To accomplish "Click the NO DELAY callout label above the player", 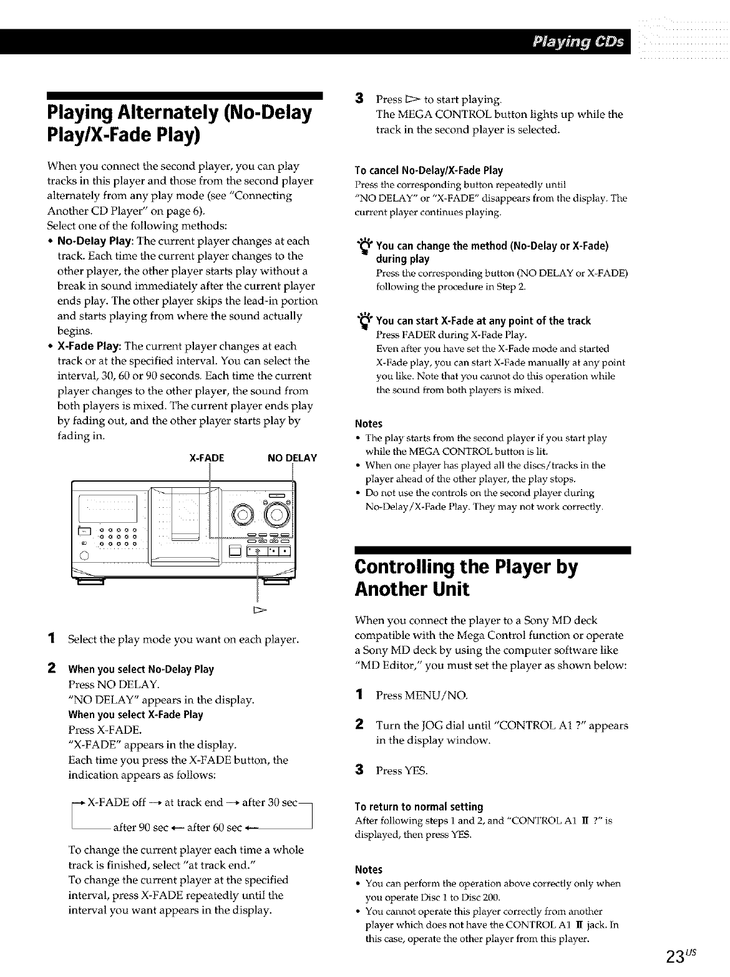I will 292,458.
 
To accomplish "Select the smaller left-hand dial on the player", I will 241,515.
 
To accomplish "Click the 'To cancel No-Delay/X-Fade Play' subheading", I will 429,170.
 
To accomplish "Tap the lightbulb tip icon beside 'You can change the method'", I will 362,249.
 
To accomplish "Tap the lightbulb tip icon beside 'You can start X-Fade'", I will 362,323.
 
